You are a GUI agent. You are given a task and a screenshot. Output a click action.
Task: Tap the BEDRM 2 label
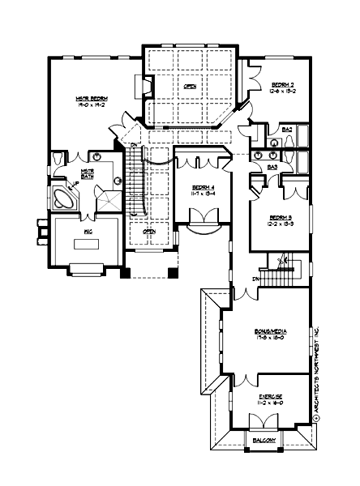pos(281,83)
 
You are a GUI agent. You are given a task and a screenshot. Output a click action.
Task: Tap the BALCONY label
pos(264,440)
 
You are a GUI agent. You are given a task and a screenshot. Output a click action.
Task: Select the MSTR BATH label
pos(87,175)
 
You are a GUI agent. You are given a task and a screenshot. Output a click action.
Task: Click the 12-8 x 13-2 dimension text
pos(281,91)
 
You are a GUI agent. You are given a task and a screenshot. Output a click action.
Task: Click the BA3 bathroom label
pos(272,167)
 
